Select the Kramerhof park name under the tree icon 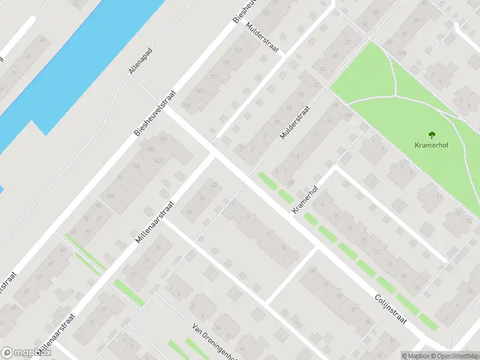click(431, 145)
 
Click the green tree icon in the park click(431, 134)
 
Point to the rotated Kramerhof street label click(304, 200)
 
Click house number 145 click(187, 106)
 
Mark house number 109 click(149, 149)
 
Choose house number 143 click(159, 161)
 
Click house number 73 click(88, 232)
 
